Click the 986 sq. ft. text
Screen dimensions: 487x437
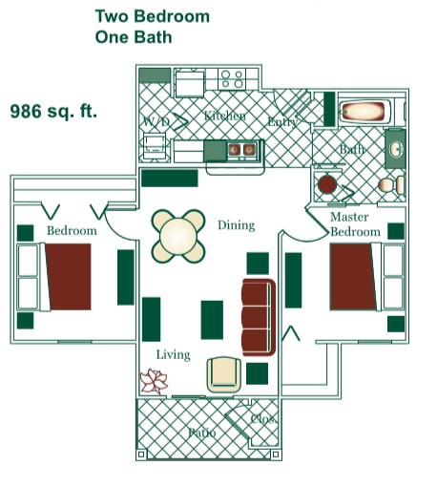click(53, 111)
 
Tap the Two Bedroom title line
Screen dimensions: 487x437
click(152, 16)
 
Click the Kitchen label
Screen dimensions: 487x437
click(224, 116)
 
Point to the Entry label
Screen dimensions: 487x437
click(283, 121)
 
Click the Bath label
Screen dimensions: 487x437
click(352, 150)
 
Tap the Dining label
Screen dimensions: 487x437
click(236, 225)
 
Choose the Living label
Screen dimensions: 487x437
click(173, 354)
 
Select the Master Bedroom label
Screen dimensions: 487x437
click(355, 224)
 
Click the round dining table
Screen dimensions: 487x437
click(178, 236)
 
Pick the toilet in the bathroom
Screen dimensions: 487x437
click(387, 184)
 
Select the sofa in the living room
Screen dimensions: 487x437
click(258, 316)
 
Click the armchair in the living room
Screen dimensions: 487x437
click(224, 373)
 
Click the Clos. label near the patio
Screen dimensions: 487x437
click(263, 417)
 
